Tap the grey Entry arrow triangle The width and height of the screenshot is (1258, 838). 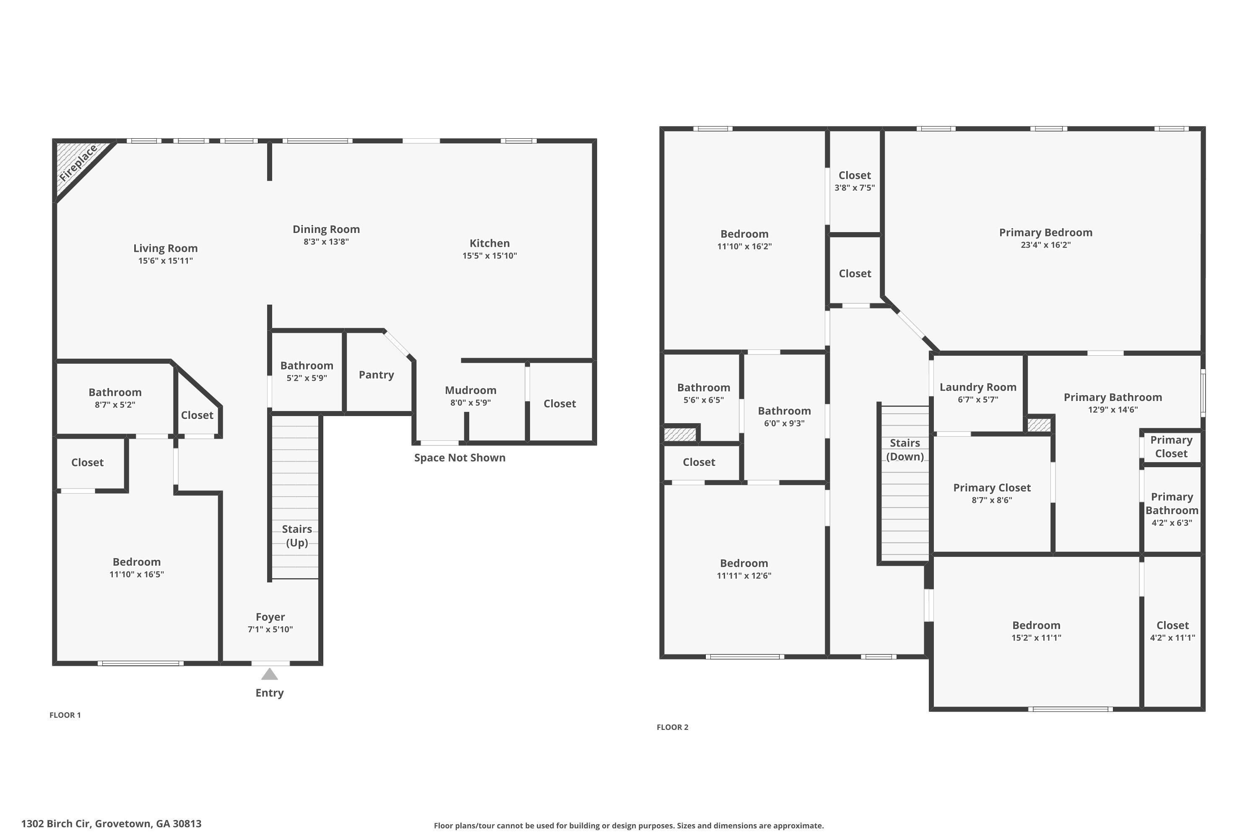tap(270, 675)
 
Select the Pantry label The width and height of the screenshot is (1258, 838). tap(376, 375)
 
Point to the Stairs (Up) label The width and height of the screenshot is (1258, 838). tap(297, 535)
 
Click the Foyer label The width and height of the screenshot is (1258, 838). tap(270, 617)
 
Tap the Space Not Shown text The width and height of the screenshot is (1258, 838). tap(460, 458)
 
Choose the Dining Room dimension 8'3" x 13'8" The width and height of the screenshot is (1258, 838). tap(326, 242)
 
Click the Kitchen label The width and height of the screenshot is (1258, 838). tap(489, 243)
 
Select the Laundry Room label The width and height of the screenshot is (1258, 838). tap(978, 387)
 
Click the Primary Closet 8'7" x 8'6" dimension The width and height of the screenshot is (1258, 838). tap(992, 500)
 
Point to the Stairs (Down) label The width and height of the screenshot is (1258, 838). tap(905, 450)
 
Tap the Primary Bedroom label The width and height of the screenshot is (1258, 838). tap(1045, 233)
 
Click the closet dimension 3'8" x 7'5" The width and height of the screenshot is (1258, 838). tap(854, 188)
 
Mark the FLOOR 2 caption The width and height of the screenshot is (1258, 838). tap(672, 727)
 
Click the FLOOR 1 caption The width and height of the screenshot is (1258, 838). tap(65, 715)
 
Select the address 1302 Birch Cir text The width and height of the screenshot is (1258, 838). tap(111, 824)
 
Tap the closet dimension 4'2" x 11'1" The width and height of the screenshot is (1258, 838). tap(1172, 638)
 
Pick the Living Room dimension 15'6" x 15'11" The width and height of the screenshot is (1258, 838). tap(165, 261)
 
